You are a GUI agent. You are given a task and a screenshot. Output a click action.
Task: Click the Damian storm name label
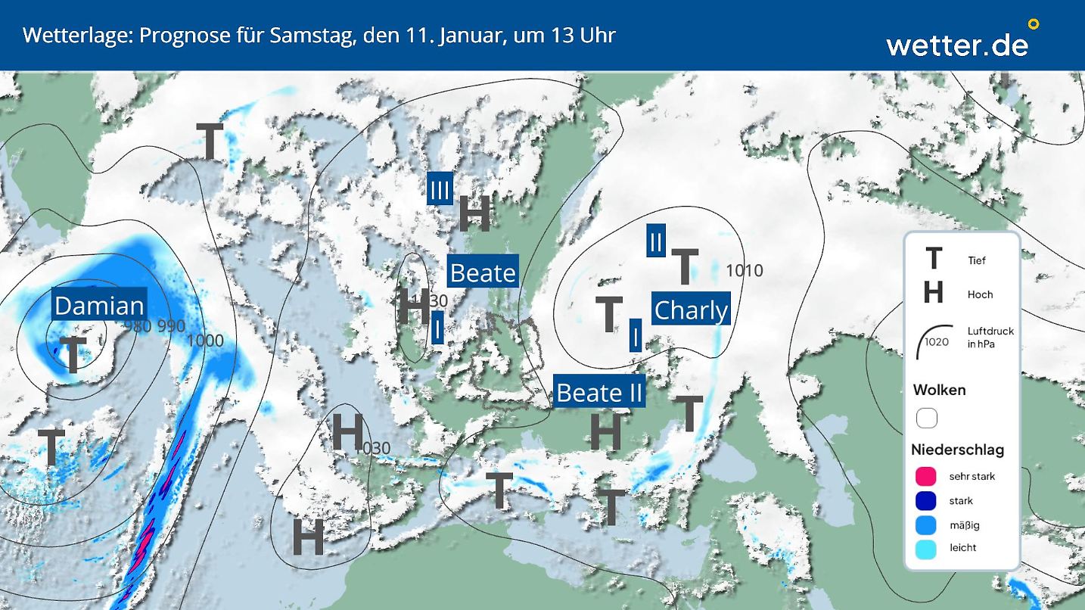(99, 306)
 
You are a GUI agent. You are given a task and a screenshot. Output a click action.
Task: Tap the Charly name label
(691, 310)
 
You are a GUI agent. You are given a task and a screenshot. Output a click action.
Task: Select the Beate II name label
(599, 393)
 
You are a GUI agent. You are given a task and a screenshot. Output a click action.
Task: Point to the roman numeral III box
(440, 189)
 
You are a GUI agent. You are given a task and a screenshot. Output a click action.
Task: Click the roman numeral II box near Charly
(656, 241)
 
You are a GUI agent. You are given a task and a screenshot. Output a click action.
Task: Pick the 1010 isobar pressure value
(745, 270)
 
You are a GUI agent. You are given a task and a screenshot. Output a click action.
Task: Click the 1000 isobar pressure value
(205, 341)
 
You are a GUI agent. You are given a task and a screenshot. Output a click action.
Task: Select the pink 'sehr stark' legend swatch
(926, 476)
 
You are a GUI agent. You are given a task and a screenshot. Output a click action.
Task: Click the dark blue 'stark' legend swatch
(926, 500)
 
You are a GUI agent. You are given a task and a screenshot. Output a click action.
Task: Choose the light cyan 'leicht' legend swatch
(926, 549)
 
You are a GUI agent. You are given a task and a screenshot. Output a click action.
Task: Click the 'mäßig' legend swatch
(926, 524)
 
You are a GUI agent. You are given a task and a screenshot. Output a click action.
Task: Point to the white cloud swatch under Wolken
(927, 418)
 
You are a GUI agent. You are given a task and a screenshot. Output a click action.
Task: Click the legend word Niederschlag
(957, 450)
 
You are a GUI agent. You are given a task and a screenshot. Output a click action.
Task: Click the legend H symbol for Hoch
(934, 293)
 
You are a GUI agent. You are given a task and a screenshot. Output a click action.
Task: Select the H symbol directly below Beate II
(605, 431)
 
